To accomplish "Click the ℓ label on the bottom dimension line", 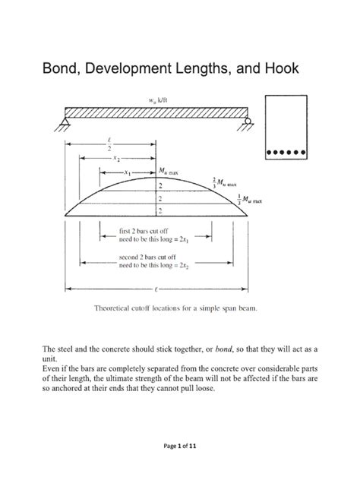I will [x=156, y=289].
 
